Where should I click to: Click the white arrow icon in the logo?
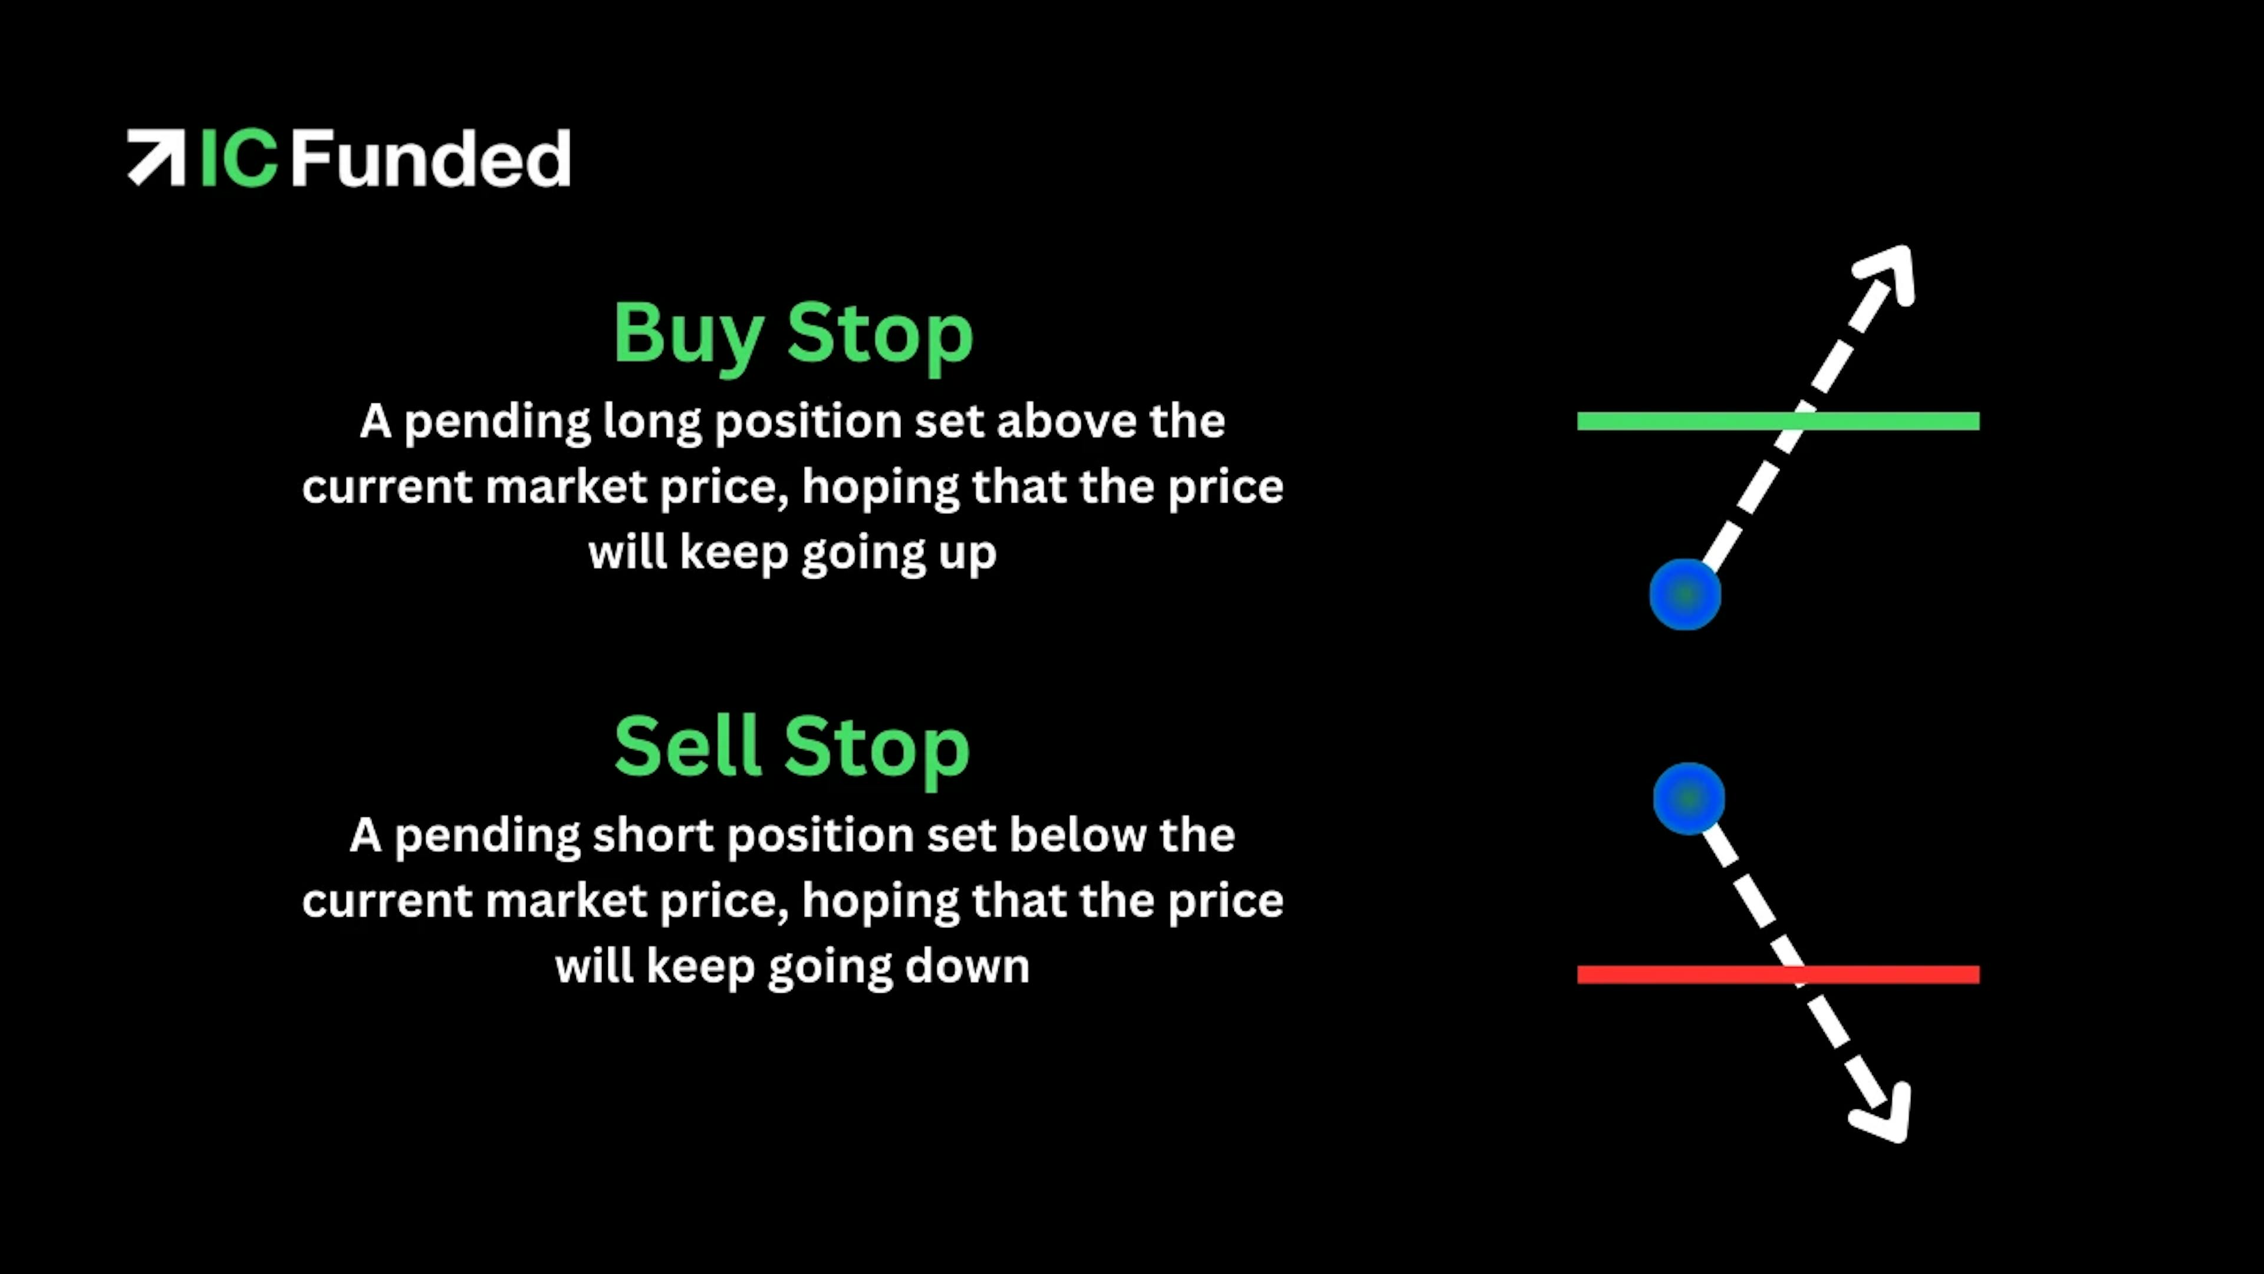pyautogui.click(x=156, y=157)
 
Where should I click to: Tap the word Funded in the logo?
pyautogui.click(x=430, y=158)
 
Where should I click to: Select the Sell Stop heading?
pyautogui.click(x=792, y=747)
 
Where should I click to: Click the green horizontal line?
pyautogui.click(x=1778, y=421)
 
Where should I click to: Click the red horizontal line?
pyautogui.click(x=1778, y=974)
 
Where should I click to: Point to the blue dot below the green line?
pyautogui.click(x=1685, y=595)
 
